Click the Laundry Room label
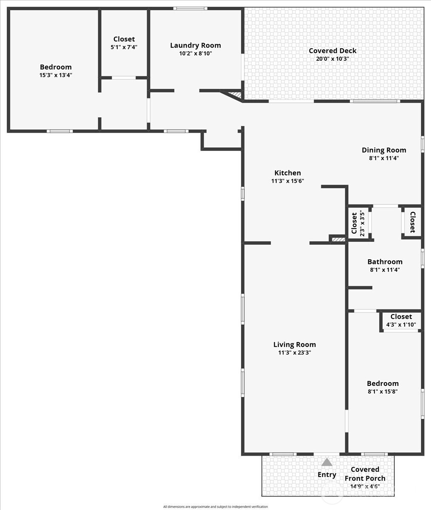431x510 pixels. tap(196, 45)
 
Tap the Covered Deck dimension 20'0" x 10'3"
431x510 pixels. tap(332, 59)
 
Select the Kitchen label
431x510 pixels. tap(287, 173)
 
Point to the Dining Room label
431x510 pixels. tap(384, 150)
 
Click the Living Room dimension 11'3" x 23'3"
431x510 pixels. tap(295, 352)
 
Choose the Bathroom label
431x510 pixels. tap(385, 262)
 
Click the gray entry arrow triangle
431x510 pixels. tap(326, 462)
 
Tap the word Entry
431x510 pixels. tap(327, 475)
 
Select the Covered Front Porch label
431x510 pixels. tap(365, 474)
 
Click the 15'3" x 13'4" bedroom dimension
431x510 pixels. tap(56, 75)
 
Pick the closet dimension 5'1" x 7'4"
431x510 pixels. tap(124, 47)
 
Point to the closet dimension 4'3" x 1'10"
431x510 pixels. tap(401, 325)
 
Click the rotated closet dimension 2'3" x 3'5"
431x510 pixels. tap(362, 224)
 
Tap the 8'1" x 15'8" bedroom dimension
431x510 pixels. tap(383, 391)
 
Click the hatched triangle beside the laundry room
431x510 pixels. tap(234, 95)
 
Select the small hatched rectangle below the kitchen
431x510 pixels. tap(338, 240)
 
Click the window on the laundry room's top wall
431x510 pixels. tap(190, 8)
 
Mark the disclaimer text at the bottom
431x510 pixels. tap(215, 507)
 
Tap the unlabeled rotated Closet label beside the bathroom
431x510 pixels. tap(412, 222)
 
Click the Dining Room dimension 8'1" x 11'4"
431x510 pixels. tap(384, 158)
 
